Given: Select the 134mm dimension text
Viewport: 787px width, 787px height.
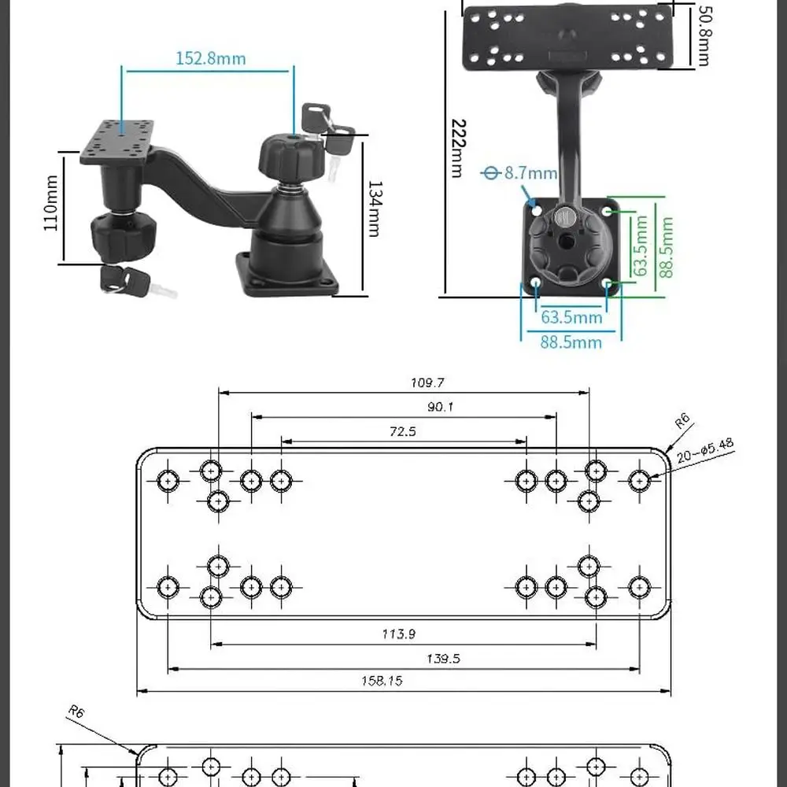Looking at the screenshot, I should [375, 209].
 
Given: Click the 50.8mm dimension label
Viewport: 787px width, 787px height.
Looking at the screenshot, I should [702, 35].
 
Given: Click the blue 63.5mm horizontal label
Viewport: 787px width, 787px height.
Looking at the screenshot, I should [571, 317].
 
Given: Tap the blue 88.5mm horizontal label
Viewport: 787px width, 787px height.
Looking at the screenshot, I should [571, 342].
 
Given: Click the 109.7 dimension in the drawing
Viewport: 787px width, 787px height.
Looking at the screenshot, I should [427, 383].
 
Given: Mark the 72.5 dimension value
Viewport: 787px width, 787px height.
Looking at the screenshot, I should [402, 431].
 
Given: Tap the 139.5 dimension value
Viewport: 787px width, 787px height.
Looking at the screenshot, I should [443, 659].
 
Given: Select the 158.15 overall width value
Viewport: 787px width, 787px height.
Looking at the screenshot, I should [382, 682].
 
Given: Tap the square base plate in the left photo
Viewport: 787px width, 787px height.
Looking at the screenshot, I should [288, 275].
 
